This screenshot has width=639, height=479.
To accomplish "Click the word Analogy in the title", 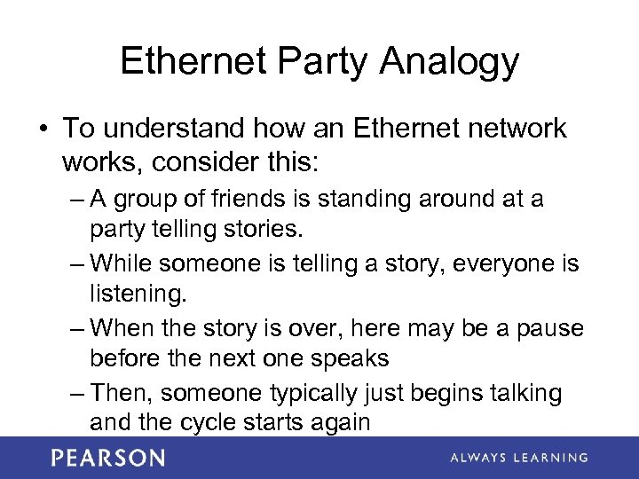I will (x=449, y=62).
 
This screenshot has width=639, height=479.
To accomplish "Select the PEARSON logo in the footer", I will (x=108, y=458).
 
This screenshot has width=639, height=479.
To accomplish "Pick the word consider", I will (x=213, y=162).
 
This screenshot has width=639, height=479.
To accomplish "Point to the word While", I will (x=122, y=263).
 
